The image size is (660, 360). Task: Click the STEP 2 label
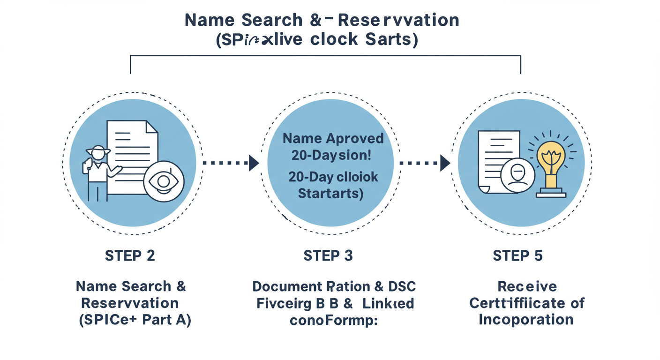pyautogui.click(x=130, y=255)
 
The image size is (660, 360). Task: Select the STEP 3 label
pyautogui.click(x=328, y=255)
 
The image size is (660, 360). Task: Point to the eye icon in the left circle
pyautogui.click(x=164, y=182)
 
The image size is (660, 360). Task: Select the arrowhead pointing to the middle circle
pyautogui.click(x=254, y=163)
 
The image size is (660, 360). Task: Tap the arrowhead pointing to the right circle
pyautogui.click(x=445, y=163)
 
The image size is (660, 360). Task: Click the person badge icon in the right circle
pyautogui.click(x=517, y=177)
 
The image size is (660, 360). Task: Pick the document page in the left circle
pyautogui.click(x=132, y=150)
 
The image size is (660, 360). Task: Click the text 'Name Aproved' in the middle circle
pyautogui.click(x=333, y=139)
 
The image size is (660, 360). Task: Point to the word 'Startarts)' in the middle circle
pyautogui.click(x=331, y=193)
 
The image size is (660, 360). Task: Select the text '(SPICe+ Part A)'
pyautogui.click(x=135, y=321)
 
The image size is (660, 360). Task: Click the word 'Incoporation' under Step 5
pyautogui.click(x=526, y=320)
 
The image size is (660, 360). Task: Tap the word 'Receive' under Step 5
pyautogui.click(x=527, y=286)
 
